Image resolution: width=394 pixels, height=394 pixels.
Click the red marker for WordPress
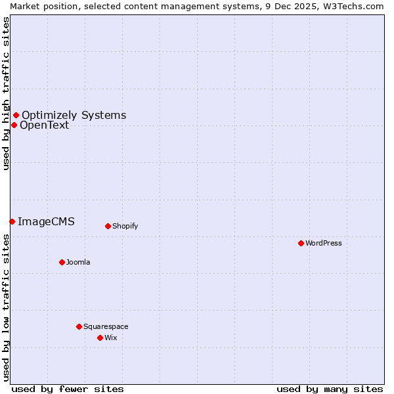[x=301, y=243]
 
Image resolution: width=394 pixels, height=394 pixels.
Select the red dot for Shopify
[x=108, y=226]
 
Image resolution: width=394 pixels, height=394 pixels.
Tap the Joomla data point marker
[x=62, y=262]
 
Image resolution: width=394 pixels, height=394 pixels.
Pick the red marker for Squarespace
[x=79, y=326]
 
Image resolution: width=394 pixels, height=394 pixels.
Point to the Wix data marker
[x=100, y=338]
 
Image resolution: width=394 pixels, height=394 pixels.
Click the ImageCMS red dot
[x=12, y=221]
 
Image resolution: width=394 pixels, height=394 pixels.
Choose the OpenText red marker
[x=14, y=125]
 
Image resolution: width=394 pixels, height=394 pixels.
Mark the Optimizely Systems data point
[x=16, y=116]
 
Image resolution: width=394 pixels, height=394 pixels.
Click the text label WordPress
[x=323, y=243]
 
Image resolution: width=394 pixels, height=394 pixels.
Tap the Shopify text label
[x=125, y=226]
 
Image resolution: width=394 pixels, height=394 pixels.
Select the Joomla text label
[x=78, y=262]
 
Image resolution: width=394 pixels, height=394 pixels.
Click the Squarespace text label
[x=106, y=326]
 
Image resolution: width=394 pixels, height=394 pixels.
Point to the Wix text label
[x=110, y=338]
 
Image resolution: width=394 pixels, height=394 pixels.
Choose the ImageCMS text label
[x=46, y=221]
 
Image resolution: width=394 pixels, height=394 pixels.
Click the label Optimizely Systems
[x=74, y=116]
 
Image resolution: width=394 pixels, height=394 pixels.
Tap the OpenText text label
[x=44, y=125]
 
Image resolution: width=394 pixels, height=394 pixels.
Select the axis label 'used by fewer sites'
[x=68, y=389]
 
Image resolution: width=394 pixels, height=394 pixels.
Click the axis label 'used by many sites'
[x=330, y=389]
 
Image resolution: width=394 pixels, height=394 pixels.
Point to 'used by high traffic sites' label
[x=6, y=93]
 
